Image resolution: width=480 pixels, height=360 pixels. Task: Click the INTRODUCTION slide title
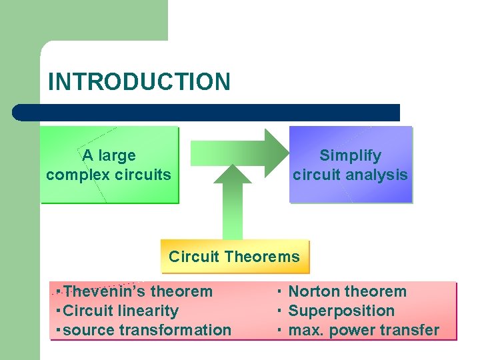pos(139,81)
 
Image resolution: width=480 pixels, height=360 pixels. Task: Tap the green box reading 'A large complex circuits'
pos(109,165)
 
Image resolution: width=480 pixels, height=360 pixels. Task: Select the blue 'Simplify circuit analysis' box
pos(351,165)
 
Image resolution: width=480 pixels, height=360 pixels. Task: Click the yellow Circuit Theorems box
pos(235,257)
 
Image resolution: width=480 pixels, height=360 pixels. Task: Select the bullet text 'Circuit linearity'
pos(121,311)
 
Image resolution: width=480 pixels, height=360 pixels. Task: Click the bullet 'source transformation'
pos(147,330)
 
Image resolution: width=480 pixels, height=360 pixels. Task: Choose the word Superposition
pos(341,311)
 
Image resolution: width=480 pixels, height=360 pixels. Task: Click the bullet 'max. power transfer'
pos(363,330)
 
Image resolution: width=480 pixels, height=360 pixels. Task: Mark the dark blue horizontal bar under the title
pos(207,112)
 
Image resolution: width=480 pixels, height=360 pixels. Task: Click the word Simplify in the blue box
pos(351,155)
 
